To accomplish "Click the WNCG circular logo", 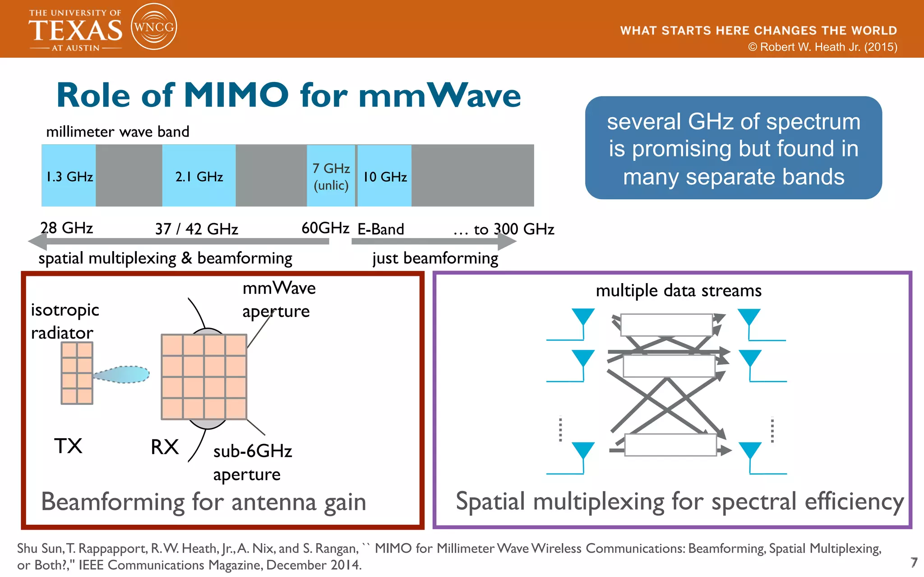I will (x=154, y=27).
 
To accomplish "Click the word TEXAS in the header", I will (x=75, y=31).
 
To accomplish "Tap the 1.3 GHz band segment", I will (x=69, y=176).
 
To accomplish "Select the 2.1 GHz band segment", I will (x=199, y=176).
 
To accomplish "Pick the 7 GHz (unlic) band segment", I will (x=331, y=176).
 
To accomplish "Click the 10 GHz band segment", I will (x=385, y=176).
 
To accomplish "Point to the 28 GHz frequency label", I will (x=67, y=228).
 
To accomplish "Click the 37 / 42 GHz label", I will (x=196, y=229).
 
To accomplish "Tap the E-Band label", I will (x=380, y=229).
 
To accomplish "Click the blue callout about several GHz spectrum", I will (x=733, y=148).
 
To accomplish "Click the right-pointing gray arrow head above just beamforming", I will (x=507, y=241).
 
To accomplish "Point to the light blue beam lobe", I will (x=124, y=375).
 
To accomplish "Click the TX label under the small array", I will (x=68, y=446).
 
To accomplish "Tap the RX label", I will (x=165, y=447).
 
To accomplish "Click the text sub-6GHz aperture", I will (x=252, y=463).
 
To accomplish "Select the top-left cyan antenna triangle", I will (x=583, y=316).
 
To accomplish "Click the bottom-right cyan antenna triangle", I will (x=750, y=449).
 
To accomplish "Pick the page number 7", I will (x=914, y=562).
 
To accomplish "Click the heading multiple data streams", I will (x=679, y=291).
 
